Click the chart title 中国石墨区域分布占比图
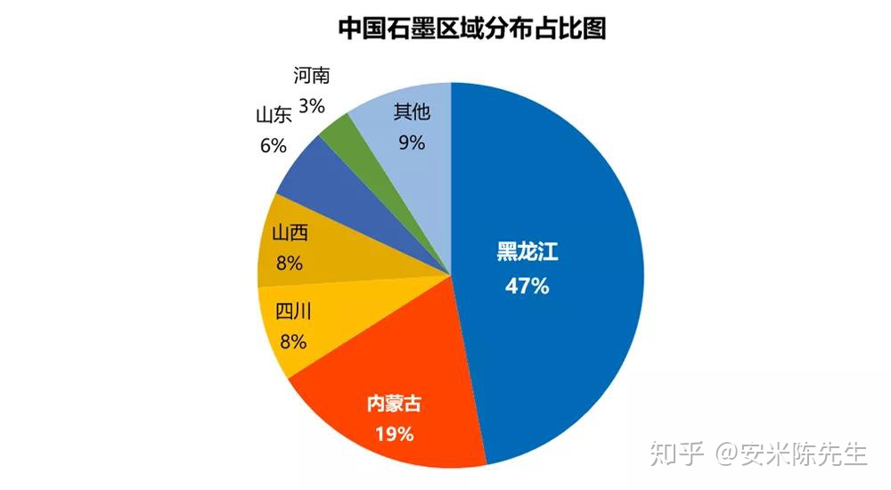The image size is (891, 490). tap(472, 29)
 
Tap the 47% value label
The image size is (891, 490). tap(527, 287)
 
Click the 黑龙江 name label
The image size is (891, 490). tap(527, 253)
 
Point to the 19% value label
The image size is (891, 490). tap(393, 435)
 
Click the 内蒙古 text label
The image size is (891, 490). tap(393, 404)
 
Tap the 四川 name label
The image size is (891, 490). tap(292, 311)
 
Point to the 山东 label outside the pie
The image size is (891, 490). tap(274, 116)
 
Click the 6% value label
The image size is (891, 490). tap(274, 145)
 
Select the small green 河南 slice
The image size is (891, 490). tap(337, 134)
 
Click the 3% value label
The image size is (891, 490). tap(311, 105)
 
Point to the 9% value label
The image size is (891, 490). tap(412, 142)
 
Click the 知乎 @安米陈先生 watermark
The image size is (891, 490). tap(758, 453)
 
